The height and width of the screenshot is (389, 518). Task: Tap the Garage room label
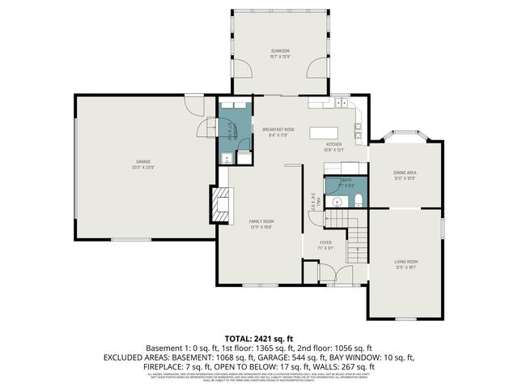point(143,165)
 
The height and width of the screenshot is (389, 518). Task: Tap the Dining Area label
point(405,174)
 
